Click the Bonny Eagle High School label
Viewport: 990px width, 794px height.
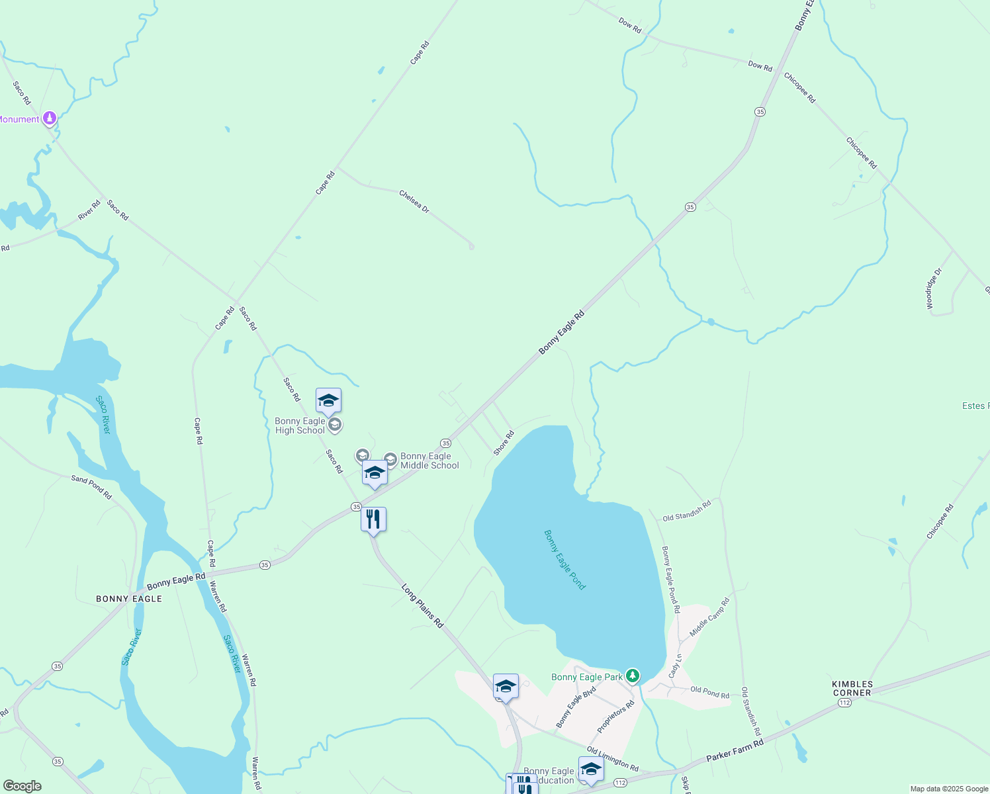coord(300,425)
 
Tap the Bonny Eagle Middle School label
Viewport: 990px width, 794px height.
coord(429,461)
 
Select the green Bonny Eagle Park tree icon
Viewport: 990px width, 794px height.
coord(633,676)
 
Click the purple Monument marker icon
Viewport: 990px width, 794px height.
coord(50,118)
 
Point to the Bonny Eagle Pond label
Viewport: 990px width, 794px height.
coord(564,559)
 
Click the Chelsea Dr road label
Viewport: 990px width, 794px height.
coord(414,201)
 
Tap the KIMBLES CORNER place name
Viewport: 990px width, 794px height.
coord(852,688)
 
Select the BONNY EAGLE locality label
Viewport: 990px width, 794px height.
coord(129,599)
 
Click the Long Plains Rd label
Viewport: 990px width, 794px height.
coord(422,605)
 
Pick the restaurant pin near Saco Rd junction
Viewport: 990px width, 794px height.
coord(373,519)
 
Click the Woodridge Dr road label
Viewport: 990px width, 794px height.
coord(934,288)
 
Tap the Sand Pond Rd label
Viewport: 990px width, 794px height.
coord(91,487)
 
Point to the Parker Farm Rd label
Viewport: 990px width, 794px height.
coord(735,751)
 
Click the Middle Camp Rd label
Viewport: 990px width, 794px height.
coord(709,617)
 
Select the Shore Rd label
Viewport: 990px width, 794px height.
coord(504,443)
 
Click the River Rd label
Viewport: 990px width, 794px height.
coord(89,210)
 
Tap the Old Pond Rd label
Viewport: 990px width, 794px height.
coord(709,692)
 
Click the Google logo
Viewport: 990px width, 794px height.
coord(22,786)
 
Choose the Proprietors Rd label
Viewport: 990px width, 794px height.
coord(615,717)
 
